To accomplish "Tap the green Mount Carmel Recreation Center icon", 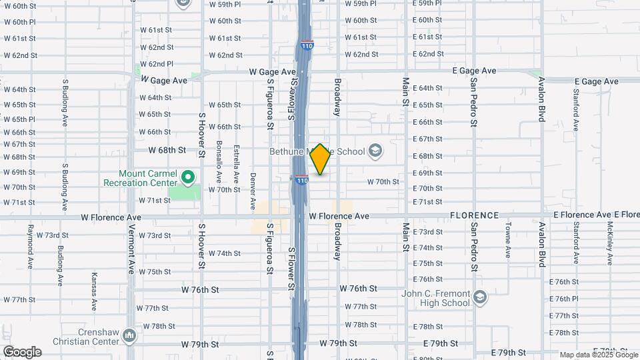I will pyautogui.click(x=188, y=177).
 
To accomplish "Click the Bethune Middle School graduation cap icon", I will pyautogui.click(x=375, y=151).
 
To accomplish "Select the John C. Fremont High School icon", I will pyautogui.click(x=480, y=296).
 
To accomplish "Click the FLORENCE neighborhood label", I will pyautogui.click(x=474, y=215).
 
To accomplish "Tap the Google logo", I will pyautogui.click(x=22, y=352).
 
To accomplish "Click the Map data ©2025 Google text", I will pyautogui.click(x=598, y=355).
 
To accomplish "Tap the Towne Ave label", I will pyautogui.click(x=507, y=241).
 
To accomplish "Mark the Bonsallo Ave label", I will pyautogui.click(x=219, y=162).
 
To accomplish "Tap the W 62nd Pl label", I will pyautogui.click(x=156, y=64).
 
